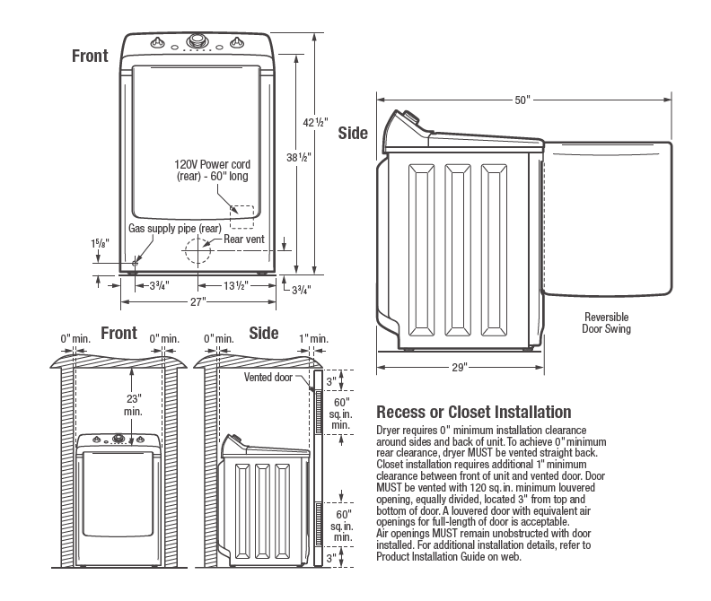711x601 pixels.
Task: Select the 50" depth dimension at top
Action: (x=522, y=100)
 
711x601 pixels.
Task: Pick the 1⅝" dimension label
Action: (x=100, y=243)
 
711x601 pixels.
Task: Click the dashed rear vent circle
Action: (x=197, y=250)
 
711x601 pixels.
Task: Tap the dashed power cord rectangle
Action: (x=241, y=216)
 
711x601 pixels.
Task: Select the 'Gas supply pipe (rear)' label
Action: (x=174, y=230)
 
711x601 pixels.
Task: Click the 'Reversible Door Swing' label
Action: (x=607, y=323)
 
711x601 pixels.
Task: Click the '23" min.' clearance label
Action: (x=133, y=403)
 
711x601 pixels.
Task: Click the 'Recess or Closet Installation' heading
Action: (x=473, y=413)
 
